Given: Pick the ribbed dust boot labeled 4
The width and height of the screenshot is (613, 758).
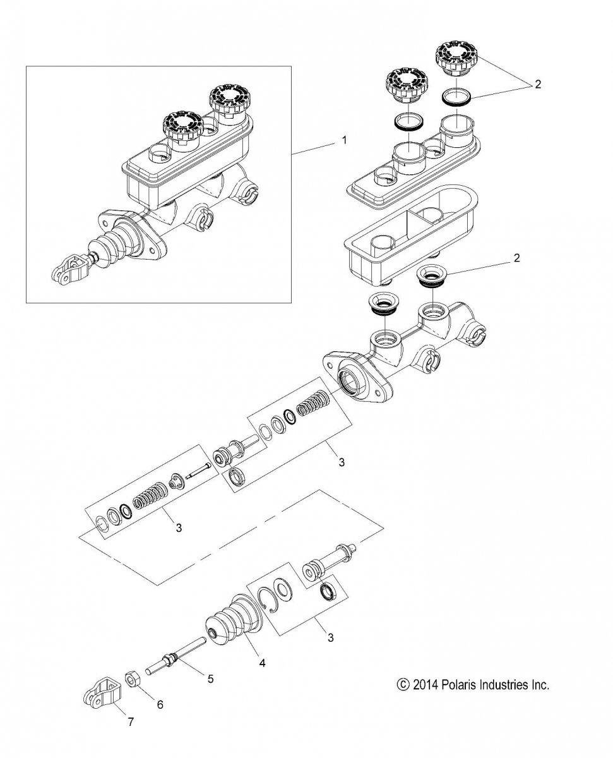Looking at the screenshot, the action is tap(233, 625).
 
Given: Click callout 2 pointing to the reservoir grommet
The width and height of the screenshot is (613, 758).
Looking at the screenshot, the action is tap(516, 258).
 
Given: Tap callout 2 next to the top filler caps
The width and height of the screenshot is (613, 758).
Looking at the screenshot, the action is tap(538, 85).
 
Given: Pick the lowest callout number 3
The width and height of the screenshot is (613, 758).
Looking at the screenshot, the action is tap(331, 637).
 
